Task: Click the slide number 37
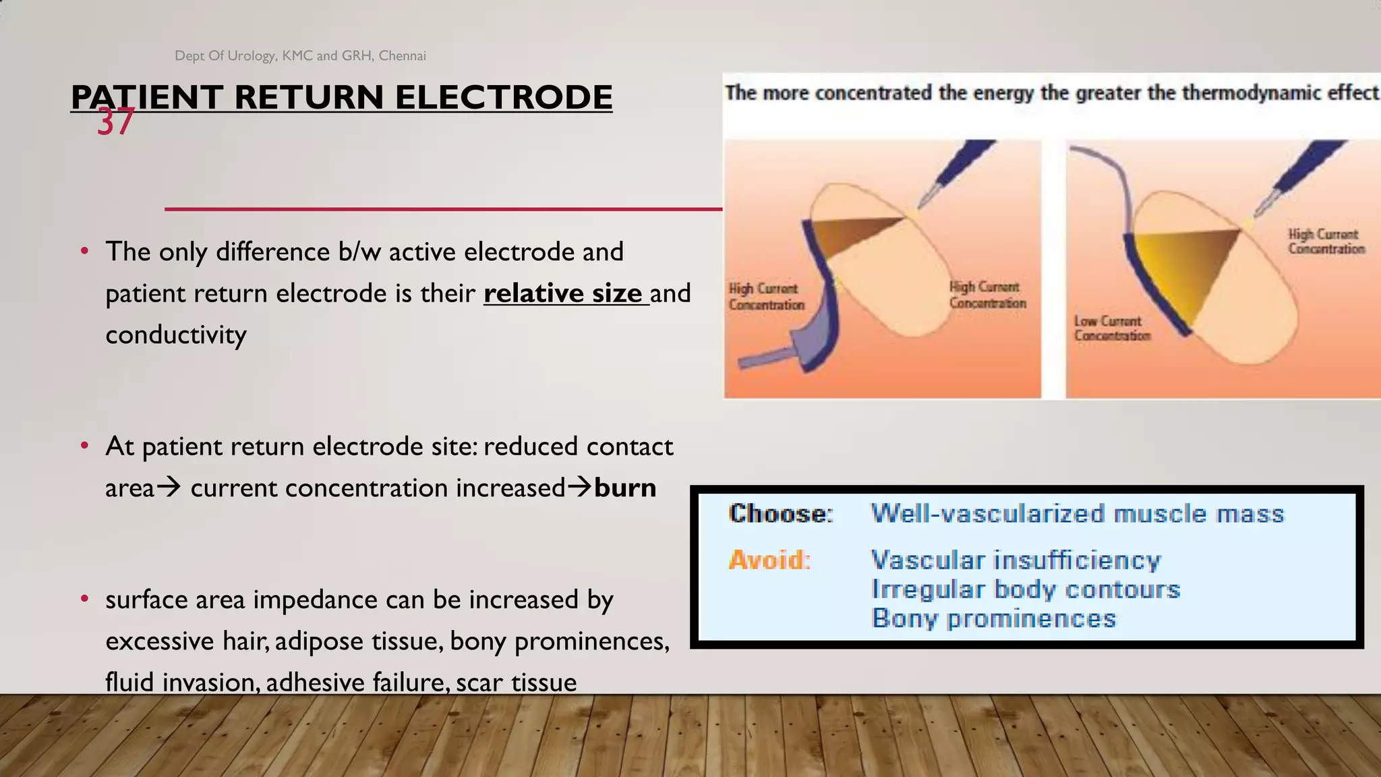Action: point(115,123)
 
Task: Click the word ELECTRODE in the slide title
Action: point(503,97)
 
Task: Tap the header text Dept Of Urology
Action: point(225,56)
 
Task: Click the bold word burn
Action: point(625,488)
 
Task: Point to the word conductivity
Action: point(176,335)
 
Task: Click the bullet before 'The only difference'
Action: point(84,252)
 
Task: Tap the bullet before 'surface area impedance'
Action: point(84,599)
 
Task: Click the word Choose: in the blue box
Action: point(781,514)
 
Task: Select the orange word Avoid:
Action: point(769,560)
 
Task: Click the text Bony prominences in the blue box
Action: point(994,618)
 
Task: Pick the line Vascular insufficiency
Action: point(1016,560)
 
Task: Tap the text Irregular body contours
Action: point(1026,589)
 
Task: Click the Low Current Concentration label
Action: point(1111,328)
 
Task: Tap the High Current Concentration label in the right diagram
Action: point(1326,241)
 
